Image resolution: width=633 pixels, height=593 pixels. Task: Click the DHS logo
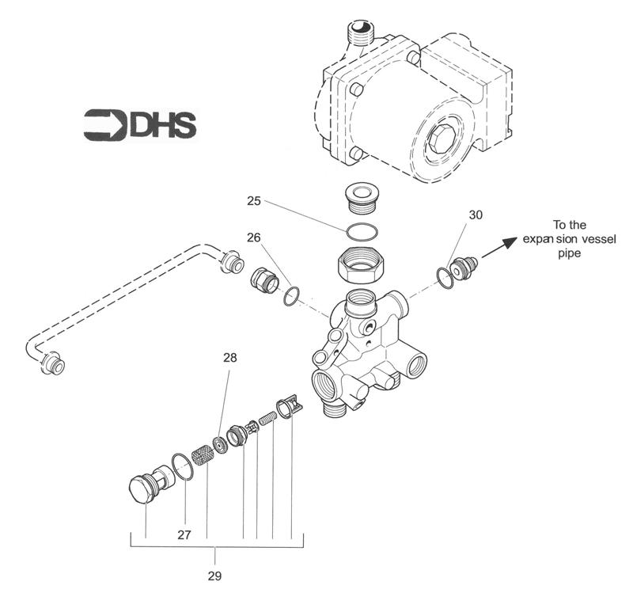click(139, 125)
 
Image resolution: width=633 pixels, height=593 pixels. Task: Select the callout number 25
click(254, 202)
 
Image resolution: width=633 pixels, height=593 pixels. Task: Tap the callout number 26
click(253, 236)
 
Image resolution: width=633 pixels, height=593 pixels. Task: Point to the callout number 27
click(184, 535)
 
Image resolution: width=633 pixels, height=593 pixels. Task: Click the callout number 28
click(229, 358)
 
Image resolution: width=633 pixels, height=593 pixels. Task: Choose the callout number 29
click(215, 576)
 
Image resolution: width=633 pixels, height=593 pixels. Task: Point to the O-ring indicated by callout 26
click(292, 295)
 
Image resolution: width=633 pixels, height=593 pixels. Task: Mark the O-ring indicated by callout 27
click(181, 467)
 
